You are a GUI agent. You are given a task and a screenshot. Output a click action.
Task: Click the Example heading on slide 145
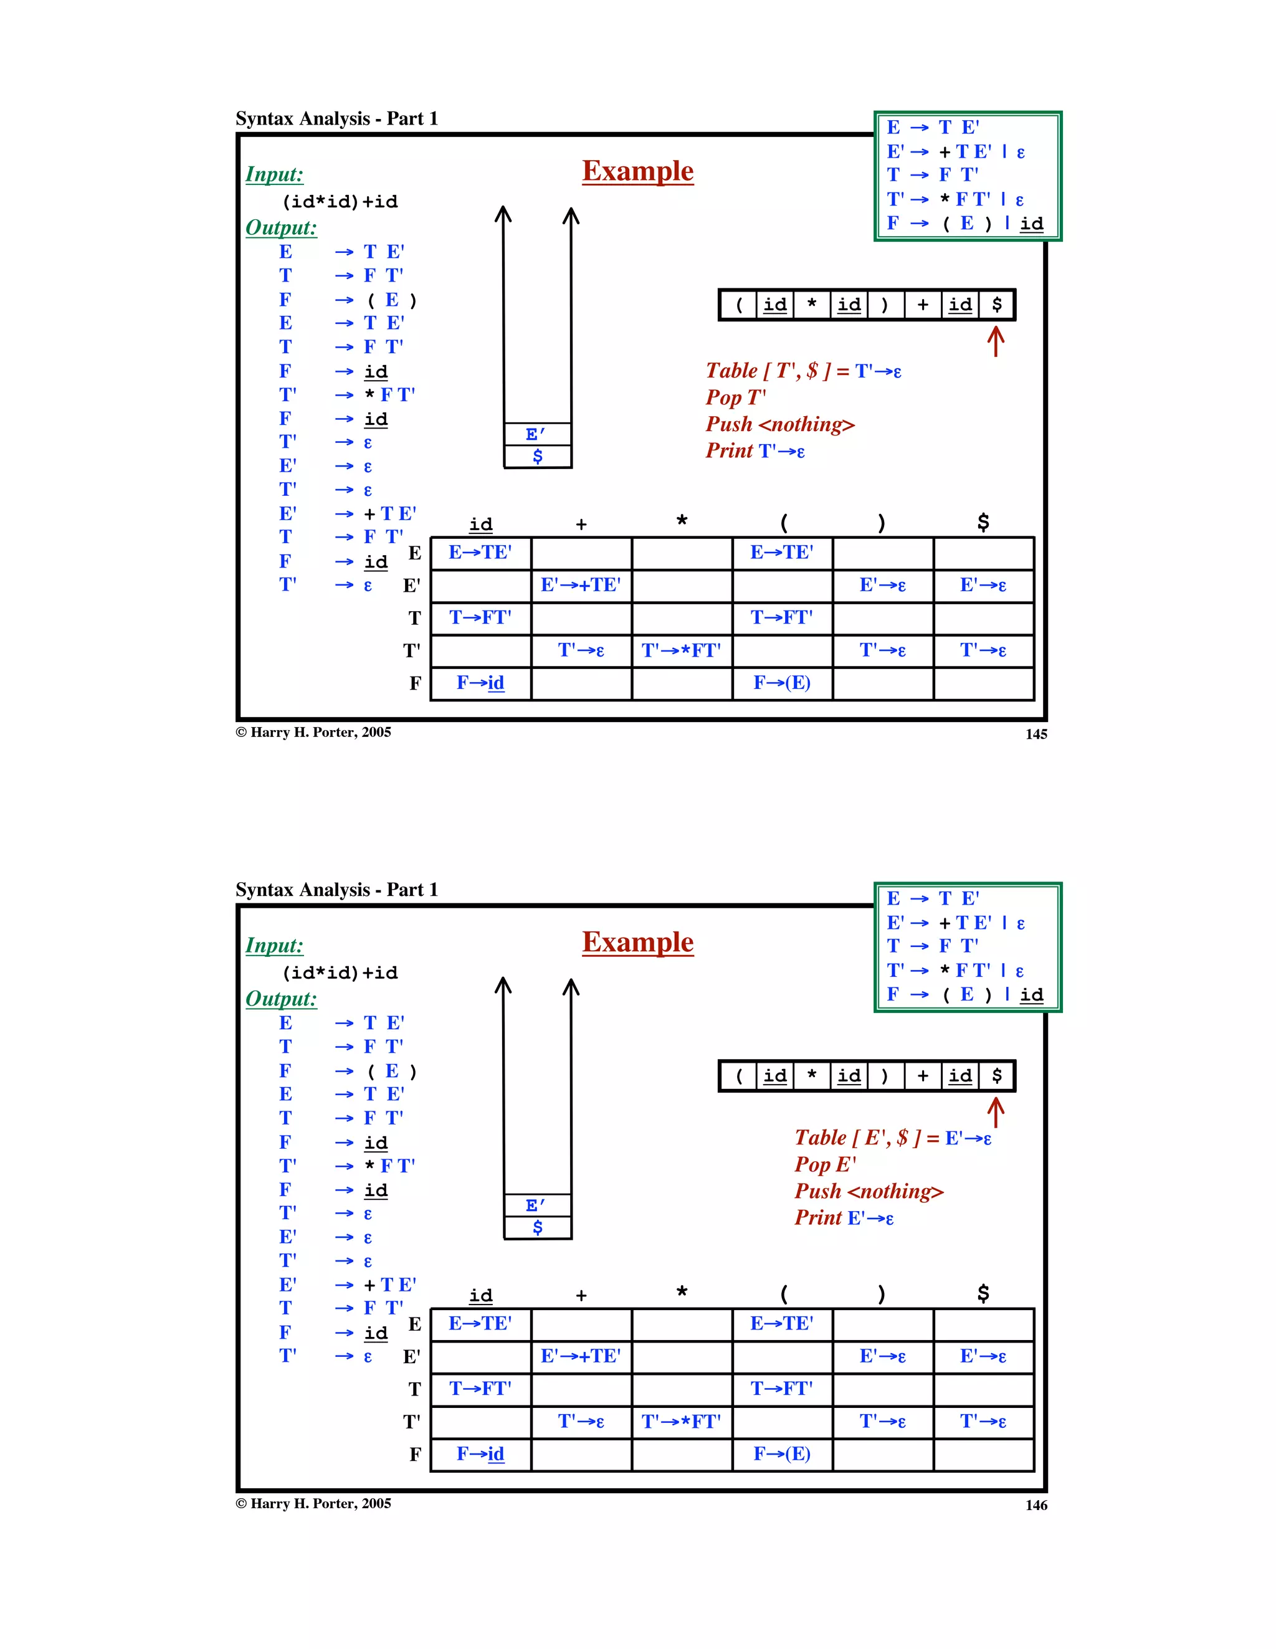pyautogui.click(x=637, y=171)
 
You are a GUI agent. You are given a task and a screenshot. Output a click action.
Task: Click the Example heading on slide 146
pyautogui.click(x=637, y=943)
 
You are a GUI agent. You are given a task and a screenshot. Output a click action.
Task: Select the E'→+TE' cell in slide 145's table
pyautogui.click(x=581, y=585)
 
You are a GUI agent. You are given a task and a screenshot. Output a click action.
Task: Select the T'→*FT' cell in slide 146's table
pyautogui.click(x=681, y=1422)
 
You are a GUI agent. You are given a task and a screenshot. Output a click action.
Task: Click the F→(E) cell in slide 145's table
pyautogui.click(x=781, y=683)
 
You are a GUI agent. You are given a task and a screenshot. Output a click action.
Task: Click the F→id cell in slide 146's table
pyautogui.click(x=480, y=1454)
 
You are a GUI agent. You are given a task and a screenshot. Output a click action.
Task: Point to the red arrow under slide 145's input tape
pyautogui.click(x=996, y=341)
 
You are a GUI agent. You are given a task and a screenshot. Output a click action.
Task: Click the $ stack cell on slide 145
pyautogui.click(x=538, y=456)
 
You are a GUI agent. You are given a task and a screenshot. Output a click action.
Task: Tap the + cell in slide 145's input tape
pyautogui.click(x=923, y=305)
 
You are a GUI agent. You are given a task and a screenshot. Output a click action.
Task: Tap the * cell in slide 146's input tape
pyautogui.click(x=812, y=1076)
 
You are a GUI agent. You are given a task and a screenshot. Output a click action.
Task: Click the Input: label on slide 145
pyautogui.click(x=274, y=174)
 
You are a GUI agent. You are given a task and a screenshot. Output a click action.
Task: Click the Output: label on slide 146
pyautogui.click(x=281, y=999)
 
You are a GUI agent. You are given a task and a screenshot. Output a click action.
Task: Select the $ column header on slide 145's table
pyautogui.click(x=983, y=523)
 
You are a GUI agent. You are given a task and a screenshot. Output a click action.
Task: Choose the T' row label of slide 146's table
pyautogui.click(x=411, y=1422)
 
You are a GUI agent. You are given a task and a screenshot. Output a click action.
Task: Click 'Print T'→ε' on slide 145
pyautogui.click(x=755, y=451)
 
